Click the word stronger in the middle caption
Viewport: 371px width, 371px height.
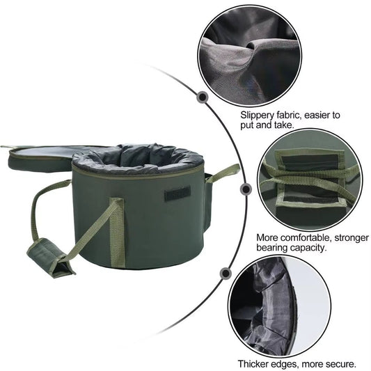point(351,238)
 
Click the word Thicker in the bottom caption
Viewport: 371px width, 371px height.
point(252,363)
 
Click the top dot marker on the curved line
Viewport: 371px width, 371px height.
point(203,97)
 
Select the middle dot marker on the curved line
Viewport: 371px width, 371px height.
point(246,189)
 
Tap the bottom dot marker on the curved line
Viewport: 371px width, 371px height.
point(226,274)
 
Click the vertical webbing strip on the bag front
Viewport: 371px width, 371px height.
point(117,233)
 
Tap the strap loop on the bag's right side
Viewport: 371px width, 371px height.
point(223,173)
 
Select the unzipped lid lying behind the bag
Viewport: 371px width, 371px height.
point(42,157)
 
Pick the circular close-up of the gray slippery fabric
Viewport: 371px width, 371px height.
point(250,56)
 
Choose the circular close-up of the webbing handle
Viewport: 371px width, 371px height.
point(310,180)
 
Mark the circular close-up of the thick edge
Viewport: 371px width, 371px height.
point(279,307)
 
